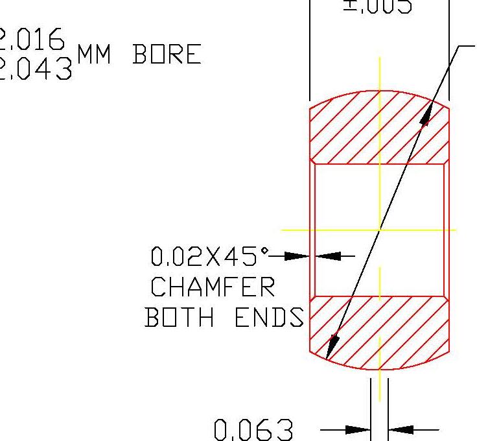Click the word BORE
click(x=167, y=56)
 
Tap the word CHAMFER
click(x=213, y=287)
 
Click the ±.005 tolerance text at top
click(x=377, y=6)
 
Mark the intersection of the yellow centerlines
click(x=380, y=230)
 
